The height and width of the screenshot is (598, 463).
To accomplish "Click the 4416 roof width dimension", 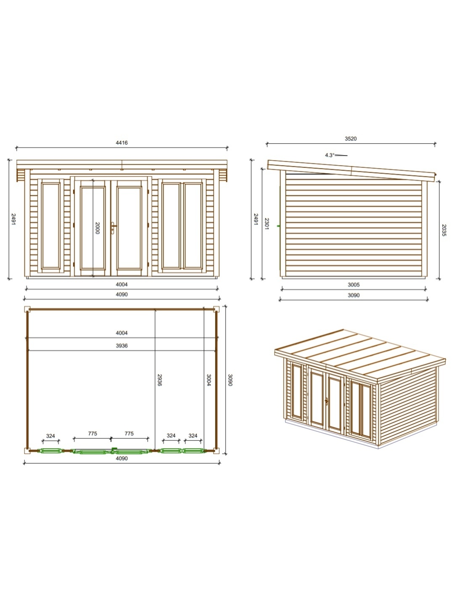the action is (x=122, y=143).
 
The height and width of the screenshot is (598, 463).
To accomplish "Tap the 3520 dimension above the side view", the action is (x=351, y=139).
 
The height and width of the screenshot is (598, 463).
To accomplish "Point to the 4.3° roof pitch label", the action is (x=330, y=155).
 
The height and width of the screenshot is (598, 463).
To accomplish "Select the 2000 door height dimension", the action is (x=97, y=228).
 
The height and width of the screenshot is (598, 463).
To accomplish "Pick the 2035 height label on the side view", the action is (x=444, y=230).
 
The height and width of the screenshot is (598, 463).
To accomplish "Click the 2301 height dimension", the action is (x=266, y=224).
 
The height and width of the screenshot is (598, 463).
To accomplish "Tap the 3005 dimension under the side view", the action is (x=354, y=285).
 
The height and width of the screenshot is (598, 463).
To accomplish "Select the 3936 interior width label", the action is (x=122, y=346).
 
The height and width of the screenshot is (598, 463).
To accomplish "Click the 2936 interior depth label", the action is (x=159, y=380).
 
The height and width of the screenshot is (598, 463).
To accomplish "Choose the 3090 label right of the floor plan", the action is (x=230, y=380).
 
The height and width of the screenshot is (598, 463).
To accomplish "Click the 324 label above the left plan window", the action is (x=51, y=436).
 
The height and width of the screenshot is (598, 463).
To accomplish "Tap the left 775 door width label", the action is (x=93, y=434).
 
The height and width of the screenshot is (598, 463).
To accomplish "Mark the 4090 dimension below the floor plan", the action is (x=122, y=458).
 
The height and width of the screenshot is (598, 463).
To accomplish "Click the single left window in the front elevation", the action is (x=51, y=226).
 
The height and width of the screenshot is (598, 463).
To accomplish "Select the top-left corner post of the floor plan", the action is (x=27, y=309).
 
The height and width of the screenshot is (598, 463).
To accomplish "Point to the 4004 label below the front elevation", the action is (x=122, y=285).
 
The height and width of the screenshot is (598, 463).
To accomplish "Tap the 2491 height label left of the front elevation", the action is (x=13, y=219).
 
